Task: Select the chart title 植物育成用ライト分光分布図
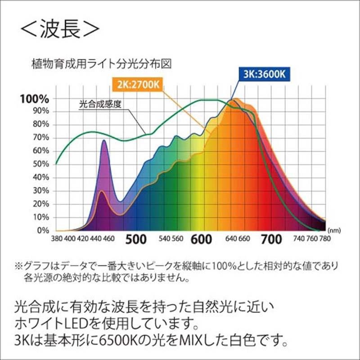102,64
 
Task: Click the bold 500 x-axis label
136,239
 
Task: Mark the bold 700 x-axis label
271,239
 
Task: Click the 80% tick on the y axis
40,125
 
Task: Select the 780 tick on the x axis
324,238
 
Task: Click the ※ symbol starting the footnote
18,266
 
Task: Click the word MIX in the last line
211,337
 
